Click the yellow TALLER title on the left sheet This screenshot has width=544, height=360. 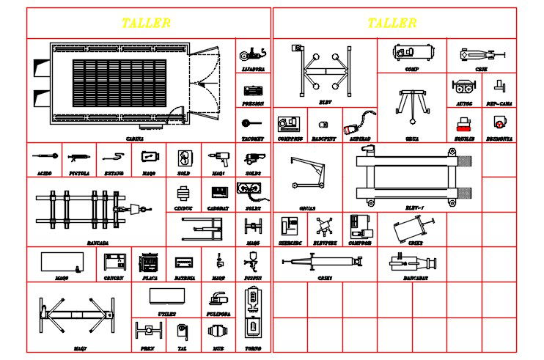coord(147,23)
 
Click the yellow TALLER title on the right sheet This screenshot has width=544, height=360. coord(392,23)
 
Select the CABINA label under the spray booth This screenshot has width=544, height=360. coord(134,137)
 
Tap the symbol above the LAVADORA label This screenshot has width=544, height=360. coord(253,54)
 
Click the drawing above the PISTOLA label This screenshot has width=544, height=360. coord(78,157)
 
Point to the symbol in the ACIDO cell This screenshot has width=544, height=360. coord(45,156)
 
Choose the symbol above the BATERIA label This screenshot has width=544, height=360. coord(184,262)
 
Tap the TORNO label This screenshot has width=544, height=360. coord(253,348)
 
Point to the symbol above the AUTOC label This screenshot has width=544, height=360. coord(463,87)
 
